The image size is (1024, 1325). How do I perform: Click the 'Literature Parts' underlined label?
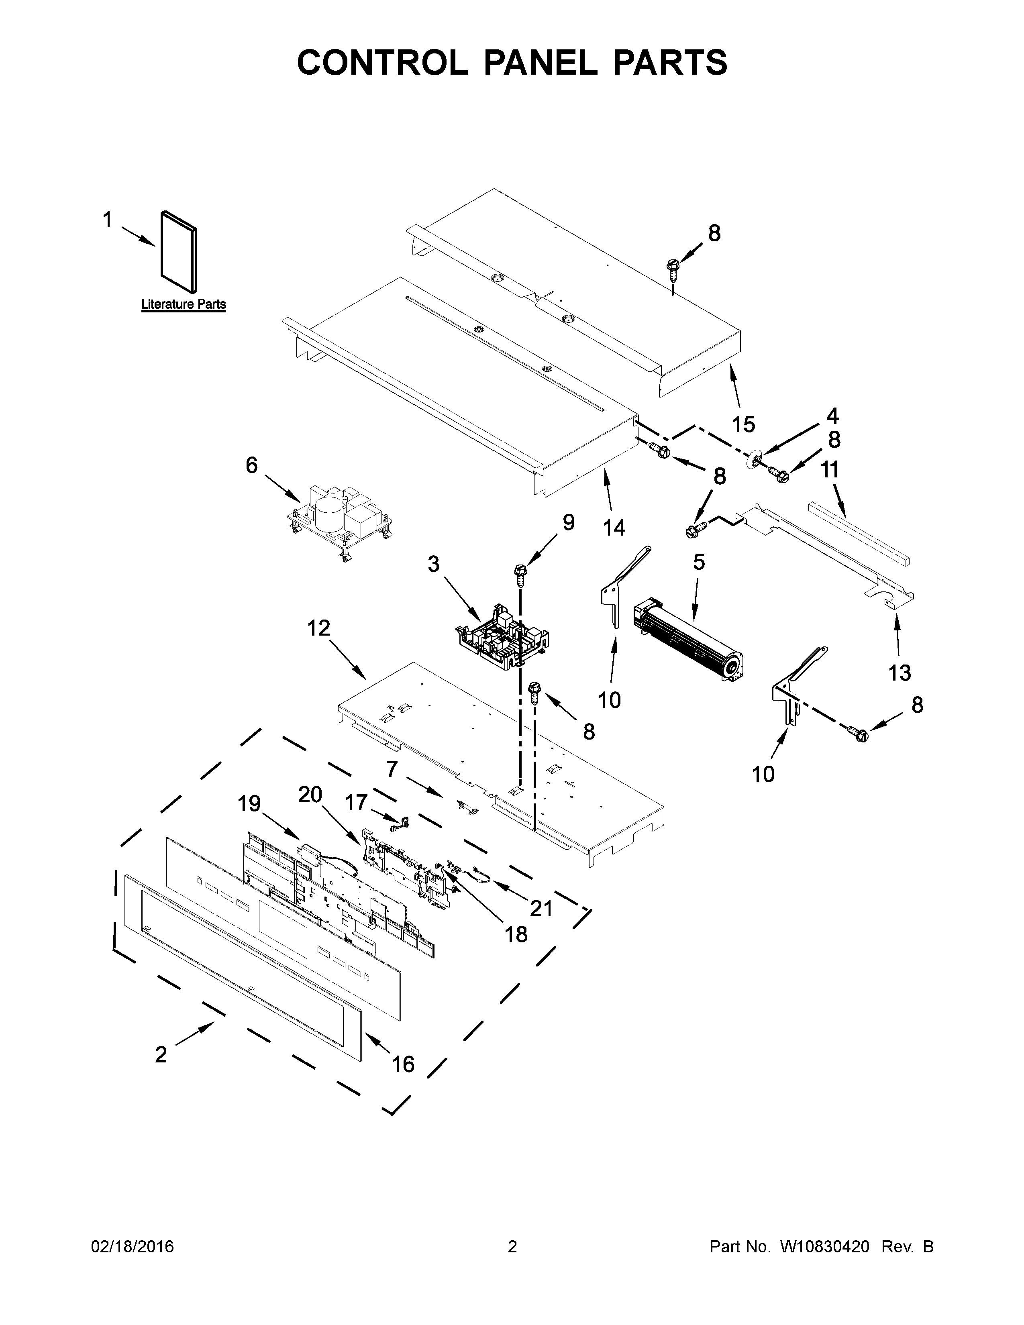(x=183, y=305)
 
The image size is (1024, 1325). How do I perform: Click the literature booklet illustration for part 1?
(x=178, y=250)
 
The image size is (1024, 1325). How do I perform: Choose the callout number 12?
(x=318, y=628)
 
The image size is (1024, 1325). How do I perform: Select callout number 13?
(x=900, y=672)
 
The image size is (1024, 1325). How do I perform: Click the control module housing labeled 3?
(x=502, y=634)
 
